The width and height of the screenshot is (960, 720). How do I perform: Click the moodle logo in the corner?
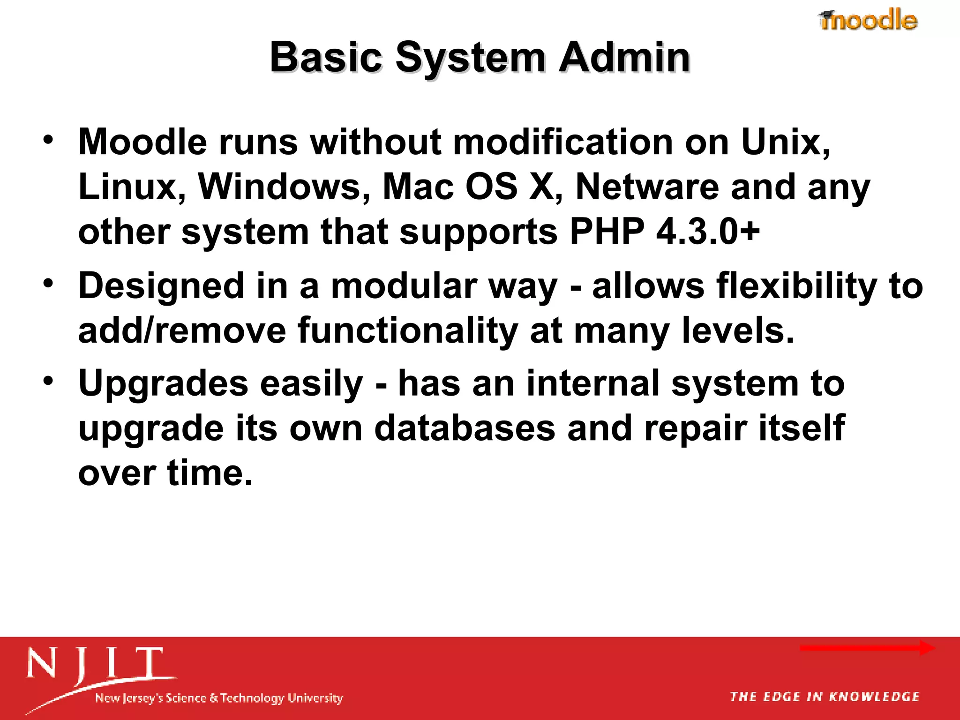click(x=868, y=20)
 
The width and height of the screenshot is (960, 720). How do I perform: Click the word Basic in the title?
click(x=326, y=58)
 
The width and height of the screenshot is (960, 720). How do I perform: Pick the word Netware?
click(x=647, y=187)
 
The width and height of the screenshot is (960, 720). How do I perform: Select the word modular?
click(x=404, y=286)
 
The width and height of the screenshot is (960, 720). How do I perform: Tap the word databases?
click(x=465, y=428)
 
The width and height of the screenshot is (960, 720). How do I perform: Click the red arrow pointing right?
click(x=867, y=648)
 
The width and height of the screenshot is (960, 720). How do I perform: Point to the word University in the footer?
click(x=315, y=698)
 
